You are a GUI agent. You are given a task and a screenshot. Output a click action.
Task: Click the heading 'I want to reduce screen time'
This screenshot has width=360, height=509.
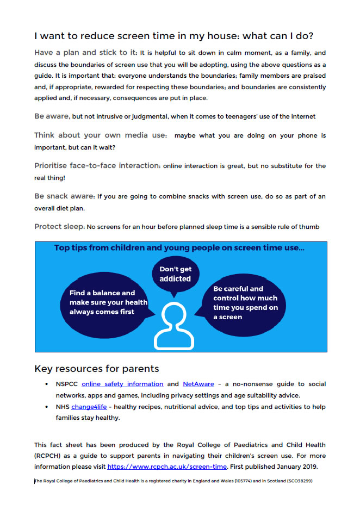click(173, 36)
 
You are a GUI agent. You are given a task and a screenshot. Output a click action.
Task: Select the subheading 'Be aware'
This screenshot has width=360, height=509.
click(52, 116)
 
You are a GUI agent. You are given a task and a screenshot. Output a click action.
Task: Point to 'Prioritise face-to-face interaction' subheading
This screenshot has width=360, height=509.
click(97, 165)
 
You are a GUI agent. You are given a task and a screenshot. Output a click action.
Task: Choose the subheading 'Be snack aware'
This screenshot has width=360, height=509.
click(65, 196)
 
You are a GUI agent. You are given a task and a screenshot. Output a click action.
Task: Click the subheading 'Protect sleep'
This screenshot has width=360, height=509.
click(59, 226)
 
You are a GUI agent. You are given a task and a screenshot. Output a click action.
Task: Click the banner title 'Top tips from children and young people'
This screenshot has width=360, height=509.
click(179, 248)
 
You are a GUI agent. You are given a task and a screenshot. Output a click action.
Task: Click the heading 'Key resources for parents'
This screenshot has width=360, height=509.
click(96, 369)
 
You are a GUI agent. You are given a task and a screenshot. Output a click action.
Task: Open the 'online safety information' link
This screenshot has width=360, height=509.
click(122, 384)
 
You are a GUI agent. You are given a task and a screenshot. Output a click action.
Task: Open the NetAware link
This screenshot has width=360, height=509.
click(198, 384)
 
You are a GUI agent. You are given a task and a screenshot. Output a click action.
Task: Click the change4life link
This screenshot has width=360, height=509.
click(89, 407)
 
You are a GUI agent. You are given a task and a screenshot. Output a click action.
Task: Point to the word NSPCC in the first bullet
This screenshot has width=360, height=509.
click(67, 384)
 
